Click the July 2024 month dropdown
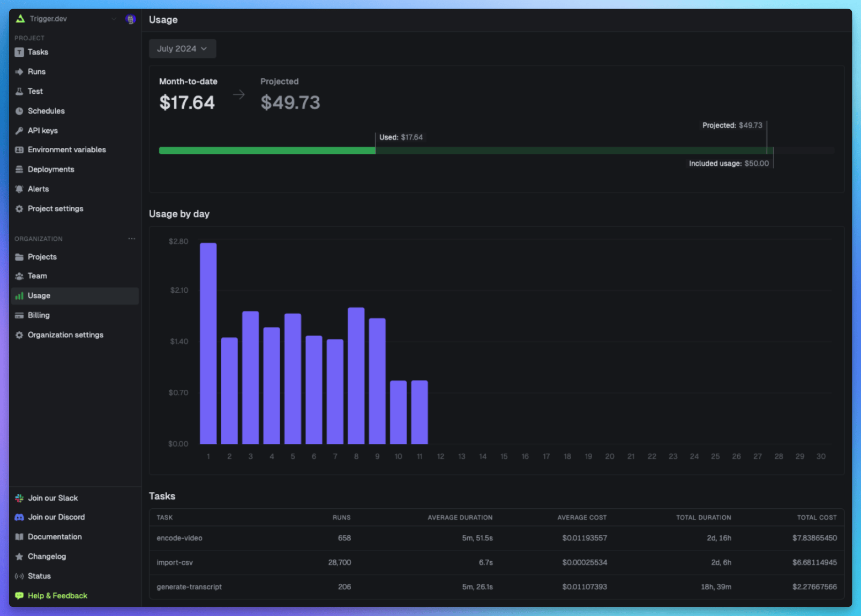182,49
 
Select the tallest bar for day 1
208,343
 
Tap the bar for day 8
356,375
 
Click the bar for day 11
420,412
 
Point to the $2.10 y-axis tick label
179,290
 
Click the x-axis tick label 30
821,456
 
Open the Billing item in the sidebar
39,315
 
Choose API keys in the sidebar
42,130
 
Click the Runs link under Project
36,71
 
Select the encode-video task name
179,538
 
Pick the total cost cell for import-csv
814,562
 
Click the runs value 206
345,587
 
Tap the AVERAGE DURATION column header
460,517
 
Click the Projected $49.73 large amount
290,102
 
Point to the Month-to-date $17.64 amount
187,102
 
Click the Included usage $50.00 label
729,164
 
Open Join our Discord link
56,517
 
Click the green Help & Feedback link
57,596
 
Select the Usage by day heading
179,214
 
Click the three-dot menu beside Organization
132,239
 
